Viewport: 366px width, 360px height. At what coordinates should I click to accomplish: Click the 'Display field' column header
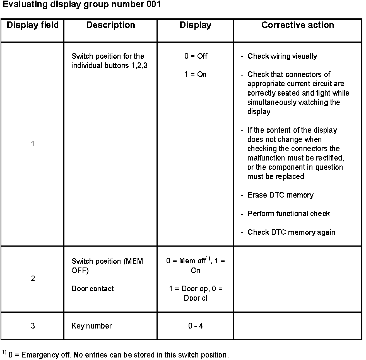33,25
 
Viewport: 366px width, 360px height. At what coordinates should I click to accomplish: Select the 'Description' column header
111,25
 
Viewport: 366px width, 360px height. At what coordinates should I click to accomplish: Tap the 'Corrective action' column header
297,25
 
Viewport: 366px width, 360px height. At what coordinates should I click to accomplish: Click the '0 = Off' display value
196,56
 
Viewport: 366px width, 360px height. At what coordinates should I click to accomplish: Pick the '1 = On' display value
196,74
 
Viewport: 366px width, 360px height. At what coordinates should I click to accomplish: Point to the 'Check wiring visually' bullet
282,56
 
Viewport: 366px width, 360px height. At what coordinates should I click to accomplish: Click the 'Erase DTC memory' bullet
280,195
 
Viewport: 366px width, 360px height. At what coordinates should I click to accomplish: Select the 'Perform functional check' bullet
289,214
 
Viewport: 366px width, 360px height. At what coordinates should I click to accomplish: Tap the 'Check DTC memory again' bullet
291,232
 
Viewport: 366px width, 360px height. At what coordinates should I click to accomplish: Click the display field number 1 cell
33,144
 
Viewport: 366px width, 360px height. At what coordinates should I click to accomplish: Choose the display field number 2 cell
33,279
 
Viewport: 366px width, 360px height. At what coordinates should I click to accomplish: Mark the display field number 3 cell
33,326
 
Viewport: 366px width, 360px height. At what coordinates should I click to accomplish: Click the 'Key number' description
92,326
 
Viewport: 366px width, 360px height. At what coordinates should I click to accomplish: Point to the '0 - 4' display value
196,326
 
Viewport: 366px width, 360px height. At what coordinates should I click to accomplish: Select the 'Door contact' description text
93,289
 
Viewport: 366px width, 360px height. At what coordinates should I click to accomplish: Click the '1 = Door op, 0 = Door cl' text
196,293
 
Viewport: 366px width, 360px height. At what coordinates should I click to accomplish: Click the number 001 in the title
153,4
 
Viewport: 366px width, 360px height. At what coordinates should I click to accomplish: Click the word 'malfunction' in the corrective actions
266,158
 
